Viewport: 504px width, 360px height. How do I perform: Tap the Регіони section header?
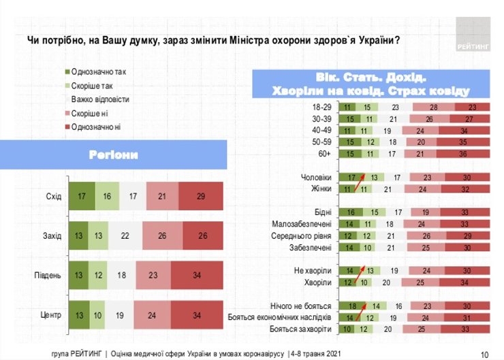click(x=113, y=154)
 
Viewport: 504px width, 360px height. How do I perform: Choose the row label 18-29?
click(x=322, y=108)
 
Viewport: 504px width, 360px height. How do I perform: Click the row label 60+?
click(x=325, y=154)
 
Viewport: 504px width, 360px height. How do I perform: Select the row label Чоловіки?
click(x=316, y=177)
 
